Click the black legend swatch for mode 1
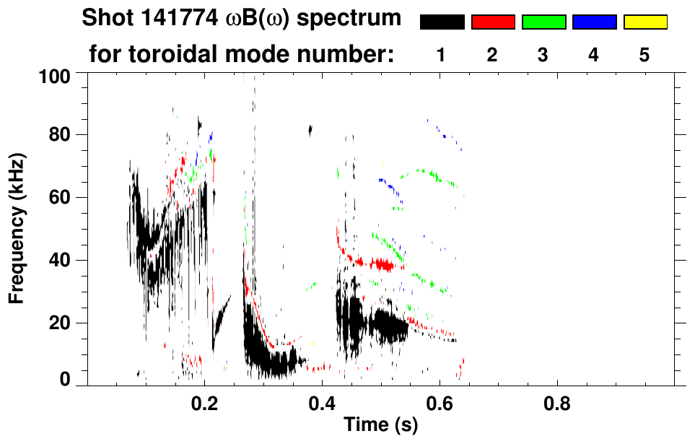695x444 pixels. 442,22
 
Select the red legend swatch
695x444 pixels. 493,22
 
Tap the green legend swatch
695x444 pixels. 543,22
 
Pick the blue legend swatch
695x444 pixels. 594,22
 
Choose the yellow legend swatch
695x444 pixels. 644,22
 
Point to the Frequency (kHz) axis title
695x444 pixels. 17,227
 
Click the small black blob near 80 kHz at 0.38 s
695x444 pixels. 310,130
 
